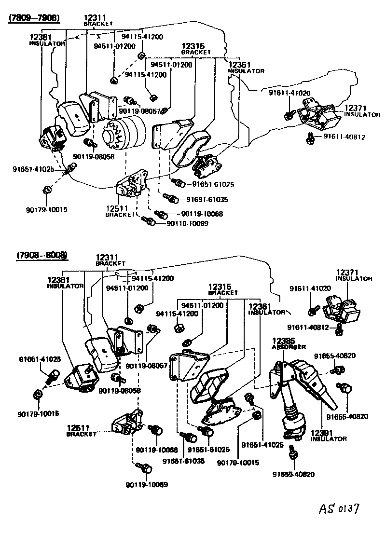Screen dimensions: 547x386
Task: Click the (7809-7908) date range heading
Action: click(34, 18)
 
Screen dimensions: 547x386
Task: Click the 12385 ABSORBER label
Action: click(288, 343)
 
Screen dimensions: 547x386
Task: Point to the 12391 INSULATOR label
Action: click(329, 436)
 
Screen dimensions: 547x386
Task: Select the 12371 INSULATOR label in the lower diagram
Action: click(354, 275)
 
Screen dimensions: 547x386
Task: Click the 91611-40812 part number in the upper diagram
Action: click(344, 137)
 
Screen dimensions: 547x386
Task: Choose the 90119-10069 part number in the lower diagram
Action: click(147, 484)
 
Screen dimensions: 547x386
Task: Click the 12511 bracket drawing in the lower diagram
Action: click(127, 422)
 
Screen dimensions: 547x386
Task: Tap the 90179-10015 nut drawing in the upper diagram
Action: click(46, 189)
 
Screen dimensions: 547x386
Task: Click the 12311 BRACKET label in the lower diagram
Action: click(110, 260)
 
